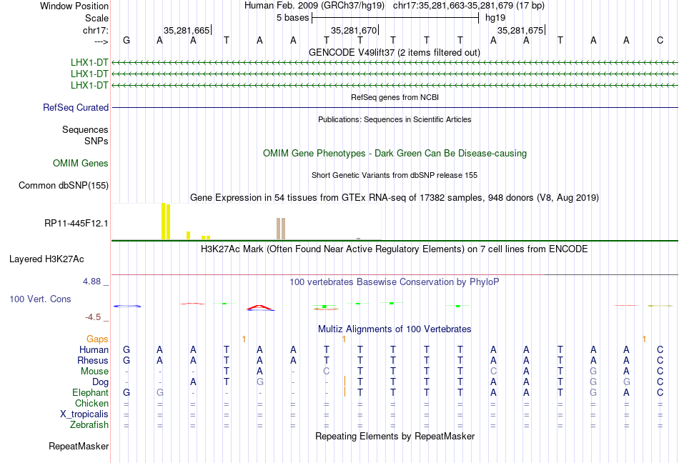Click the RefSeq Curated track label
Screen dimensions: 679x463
click(76, 107)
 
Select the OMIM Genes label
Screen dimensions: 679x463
click(81, 163)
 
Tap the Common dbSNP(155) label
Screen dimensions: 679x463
click(64, 185)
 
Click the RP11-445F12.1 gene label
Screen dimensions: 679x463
click(76, 223)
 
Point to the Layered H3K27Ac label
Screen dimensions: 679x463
click(46, 259)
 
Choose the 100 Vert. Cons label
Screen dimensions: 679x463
click(40, 299)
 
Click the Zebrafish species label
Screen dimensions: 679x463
click(89, 425)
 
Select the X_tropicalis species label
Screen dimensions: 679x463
click(84, 414)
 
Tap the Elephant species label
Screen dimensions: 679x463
click(90, 392)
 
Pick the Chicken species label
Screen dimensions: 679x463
click(91, 403)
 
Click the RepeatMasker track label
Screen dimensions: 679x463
click(79, 446)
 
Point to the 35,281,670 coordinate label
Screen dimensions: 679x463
click(354, 30)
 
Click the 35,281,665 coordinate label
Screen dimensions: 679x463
click(187, 30)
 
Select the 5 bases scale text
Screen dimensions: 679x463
click(293, 18)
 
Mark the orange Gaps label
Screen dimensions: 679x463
click(97, 339)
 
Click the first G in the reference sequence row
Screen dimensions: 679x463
click(127, 40)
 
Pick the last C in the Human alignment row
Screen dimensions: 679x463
click(660, 349)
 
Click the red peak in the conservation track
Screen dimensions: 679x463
click(259, 307)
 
